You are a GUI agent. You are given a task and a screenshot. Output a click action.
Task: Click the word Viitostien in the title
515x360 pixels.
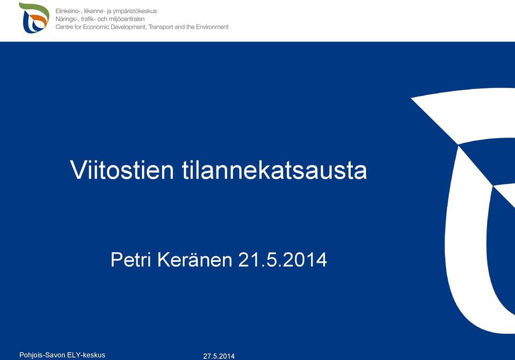[122, 170]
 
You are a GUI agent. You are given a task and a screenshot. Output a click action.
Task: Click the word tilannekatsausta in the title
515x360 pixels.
[274, 170]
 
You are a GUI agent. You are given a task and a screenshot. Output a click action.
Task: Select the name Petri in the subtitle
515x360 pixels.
[130, 260]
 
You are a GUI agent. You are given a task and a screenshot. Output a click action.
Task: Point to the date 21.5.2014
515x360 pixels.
[282, 260]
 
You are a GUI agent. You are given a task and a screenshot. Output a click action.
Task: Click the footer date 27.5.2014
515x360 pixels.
[219, 356]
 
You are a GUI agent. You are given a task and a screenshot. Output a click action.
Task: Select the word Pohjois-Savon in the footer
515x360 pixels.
[42, 355]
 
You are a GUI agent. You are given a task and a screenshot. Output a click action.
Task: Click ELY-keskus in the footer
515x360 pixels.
[86, 355]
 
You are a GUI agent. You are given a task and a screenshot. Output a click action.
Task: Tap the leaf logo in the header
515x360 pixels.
[34, 18]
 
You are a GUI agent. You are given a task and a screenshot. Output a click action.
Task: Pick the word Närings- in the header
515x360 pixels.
[67, 19]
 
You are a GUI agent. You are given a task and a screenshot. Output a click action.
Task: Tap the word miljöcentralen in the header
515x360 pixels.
[126, 19]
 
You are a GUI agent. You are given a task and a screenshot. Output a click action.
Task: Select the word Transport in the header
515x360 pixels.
[161, 27]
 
